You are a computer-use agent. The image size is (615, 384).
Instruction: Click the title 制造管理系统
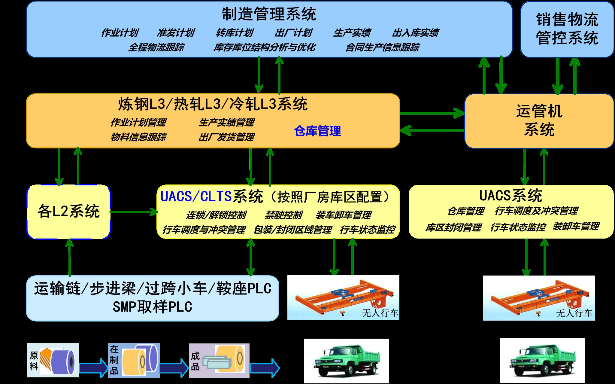coord(269,14)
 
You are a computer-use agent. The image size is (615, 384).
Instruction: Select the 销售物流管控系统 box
coord(567,29)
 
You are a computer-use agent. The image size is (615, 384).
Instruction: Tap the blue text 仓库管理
coord(317,131)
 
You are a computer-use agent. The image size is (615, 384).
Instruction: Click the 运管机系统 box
coord(539,120)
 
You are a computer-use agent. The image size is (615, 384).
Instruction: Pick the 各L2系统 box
coord(68,211)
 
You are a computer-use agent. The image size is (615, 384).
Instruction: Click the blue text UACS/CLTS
coord(196,197)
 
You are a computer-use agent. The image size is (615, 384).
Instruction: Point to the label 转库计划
coord(235,33)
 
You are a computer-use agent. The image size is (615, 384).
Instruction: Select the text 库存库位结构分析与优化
coord(264,47)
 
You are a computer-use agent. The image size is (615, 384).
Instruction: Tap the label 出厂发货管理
coord(226,137)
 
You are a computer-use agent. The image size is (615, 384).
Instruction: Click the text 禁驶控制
coord(283,215)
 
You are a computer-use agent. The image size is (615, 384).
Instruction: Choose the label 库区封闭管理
coord(453,227)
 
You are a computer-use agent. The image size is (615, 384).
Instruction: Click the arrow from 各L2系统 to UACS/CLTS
coord(134,212)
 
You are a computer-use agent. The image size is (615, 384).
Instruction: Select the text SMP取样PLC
coord(152,307)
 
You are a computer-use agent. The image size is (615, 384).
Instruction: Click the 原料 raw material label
coord(34,361)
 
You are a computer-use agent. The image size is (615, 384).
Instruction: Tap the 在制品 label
coord(114,360)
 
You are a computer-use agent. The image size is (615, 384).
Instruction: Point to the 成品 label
coord(195,361)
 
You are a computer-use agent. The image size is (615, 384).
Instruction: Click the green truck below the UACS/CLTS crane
coord(346,361)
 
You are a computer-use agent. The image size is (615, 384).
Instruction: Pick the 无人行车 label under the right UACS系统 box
coord(574,313)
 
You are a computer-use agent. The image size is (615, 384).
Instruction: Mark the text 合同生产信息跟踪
coord(383,47)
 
